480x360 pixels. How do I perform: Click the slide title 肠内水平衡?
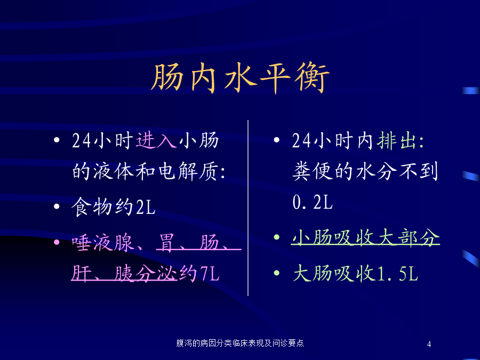point(241,78)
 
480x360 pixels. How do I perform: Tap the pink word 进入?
point(156,140)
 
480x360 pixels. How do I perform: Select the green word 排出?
point(397,141)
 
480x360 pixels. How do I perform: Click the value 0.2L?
point(313,202)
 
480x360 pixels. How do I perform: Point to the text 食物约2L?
point(114,207)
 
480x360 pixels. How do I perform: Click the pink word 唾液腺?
point(103,243)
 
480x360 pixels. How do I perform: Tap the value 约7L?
point(199,274)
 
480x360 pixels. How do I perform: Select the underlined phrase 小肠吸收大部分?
point(365,237)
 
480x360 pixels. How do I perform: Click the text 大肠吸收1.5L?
point(355,273)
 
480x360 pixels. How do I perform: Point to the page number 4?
point(429,344)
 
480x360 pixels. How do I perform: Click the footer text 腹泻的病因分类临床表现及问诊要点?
point(240,343)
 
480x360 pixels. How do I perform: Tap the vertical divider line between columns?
point(247,208)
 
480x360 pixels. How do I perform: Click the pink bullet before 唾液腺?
point(57,243)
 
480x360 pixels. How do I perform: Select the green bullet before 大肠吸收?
point(277,273)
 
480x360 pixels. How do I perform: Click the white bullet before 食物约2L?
point(57,206)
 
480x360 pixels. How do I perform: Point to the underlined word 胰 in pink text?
point(124,274)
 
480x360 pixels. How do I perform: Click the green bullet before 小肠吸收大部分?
point(277,237)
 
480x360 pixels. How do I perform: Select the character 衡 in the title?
point(312,78)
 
